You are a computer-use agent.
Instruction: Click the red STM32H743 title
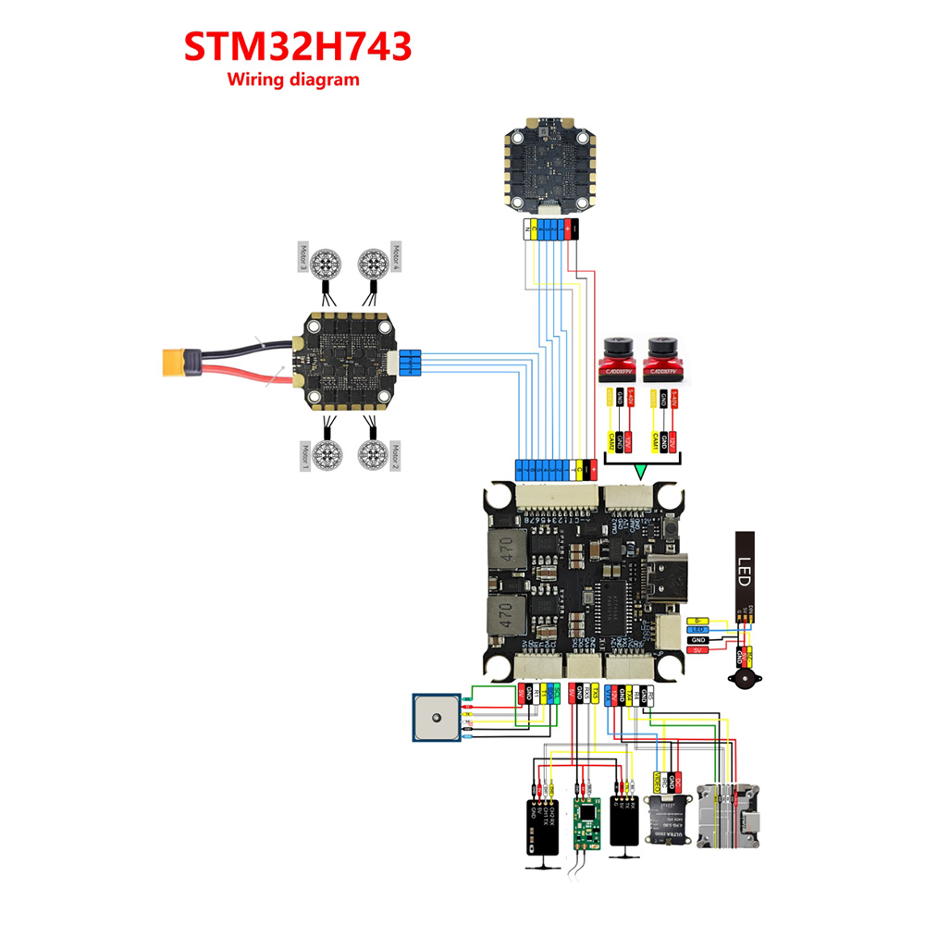(x=296, y=47)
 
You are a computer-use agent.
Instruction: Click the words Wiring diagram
(x=293, y=80)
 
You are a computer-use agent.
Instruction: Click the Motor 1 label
(x=302, y=457)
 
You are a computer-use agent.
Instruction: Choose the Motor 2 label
(x=396, y=457)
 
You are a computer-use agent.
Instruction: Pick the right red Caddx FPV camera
(x=663, y=357)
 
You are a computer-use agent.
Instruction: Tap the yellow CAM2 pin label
(x=610, y=441)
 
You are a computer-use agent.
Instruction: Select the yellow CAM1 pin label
(x=656, y=441)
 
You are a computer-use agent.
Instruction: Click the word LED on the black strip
(x=746, y=565)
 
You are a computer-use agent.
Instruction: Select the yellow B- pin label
(x=699, y=620)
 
